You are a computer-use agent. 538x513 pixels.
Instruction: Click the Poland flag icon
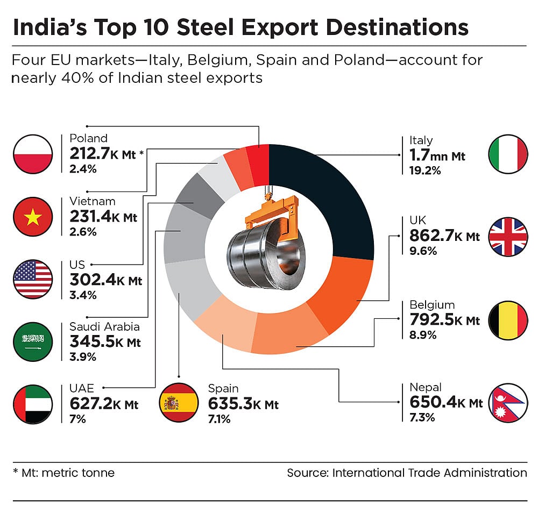[33, 154]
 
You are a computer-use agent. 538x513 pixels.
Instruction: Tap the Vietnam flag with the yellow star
[33, 217]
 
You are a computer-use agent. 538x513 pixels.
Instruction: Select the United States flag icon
[33, 279]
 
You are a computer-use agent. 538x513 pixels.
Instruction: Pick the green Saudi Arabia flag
[33, 341]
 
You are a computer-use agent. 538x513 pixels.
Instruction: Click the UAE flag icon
[33, 404]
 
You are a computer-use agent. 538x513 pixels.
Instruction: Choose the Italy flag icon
[508, 154]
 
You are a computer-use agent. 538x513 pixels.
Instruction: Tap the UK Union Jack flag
[508, 237]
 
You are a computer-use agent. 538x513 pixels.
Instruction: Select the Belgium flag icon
[508, 321]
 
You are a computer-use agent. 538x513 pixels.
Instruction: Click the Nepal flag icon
[507, 403]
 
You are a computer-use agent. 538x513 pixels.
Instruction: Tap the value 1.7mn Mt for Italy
[437, 156]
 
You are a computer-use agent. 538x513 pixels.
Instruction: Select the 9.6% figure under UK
[423, 251]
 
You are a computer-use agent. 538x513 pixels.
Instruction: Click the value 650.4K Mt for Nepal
[446, 402]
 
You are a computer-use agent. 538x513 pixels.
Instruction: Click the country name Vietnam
[93, 202]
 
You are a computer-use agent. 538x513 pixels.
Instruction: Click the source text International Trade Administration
[429, 473]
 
